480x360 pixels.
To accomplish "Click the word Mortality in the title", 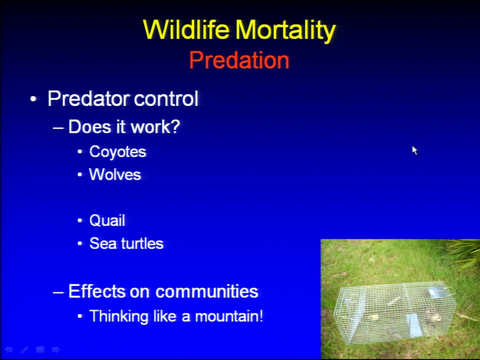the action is click(x=285, y=30).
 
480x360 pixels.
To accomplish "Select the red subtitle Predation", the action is click(x=239, y=60).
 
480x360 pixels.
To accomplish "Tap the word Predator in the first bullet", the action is click(x=88, y=98).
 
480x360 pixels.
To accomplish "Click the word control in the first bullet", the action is click(x=166, y=98).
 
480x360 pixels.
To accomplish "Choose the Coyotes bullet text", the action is click(x=117, y=152).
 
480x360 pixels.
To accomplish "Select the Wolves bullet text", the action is click(x=115, y=174).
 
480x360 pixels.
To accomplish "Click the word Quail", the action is click(x=107, y=220).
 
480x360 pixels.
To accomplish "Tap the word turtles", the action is click(x=142, y=243).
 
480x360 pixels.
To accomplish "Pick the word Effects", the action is click(x=96, y=291).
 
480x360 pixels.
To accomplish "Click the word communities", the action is click(x=206, y=291).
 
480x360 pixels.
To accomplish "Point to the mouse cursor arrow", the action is click(x=414, y=150).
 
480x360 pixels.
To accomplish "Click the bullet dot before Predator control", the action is click(x=33, y=99).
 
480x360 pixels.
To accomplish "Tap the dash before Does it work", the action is click(x=58, y=127).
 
